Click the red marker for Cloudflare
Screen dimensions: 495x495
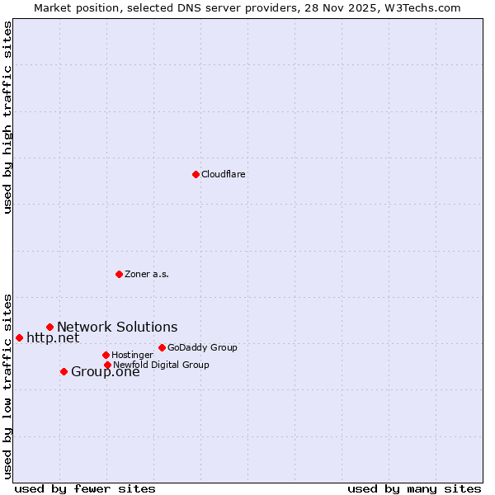196,174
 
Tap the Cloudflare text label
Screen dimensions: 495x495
224,174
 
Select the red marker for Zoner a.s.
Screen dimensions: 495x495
119,274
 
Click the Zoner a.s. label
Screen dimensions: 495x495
147,274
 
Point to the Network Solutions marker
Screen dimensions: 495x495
49,328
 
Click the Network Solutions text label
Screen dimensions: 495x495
117,328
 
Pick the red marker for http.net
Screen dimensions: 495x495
19,337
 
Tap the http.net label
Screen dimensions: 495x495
53,337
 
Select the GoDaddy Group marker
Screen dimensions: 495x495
162,347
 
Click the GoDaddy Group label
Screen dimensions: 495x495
202,347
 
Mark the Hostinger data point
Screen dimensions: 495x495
106,355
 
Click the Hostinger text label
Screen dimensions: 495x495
132,355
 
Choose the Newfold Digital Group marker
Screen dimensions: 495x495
107,365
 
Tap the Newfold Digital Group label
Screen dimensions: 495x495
161,365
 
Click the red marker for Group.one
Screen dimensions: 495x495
64,371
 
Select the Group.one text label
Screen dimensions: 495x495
106,371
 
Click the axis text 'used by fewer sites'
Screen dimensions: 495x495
85,488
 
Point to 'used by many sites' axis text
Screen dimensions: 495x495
414,488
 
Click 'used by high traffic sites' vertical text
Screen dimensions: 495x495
7,117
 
